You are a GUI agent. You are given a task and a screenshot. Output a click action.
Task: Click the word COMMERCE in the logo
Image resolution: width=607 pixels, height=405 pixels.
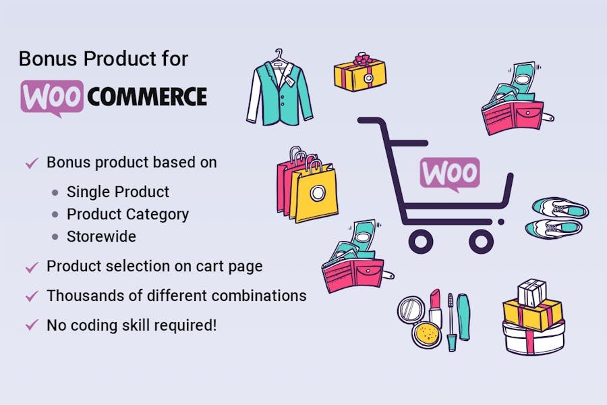point(147,97)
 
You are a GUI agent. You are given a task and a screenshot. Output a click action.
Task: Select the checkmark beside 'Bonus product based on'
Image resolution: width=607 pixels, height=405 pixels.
point(31,163)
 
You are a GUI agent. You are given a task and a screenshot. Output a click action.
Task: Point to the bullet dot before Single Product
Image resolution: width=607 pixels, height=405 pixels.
point(55,192)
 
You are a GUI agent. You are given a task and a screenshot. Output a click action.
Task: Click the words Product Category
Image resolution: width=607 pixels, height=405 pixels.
point(127,215)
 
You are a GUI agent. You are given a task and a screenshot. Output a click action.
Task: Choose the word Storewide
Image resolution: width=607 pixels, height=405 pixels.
point(101,237)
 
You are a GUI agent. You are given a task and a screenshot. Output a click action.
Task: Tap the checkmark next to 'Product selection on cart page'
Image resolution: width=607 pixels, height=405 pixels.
point(31,267)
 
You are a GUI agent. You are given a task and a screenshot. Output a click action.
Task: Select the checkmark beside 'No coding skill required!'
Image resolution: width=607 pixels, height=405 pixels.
point(31,325)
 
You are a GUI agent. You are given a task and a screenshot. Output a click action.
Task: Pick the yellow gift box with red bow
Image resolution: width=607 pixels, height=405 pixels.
point(360,74)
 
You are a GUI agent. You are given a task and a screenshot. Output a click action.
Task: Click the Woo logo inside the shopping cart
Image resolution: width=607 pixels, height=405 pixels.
point(450,174)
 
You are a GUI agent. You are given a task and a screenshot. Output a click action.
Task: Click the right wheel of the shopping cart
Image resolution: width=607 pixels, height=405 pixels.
point(481,240)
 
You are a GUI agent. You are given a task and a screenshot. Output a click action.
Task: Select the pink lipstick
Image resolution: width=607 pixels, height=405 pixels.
point(435,307)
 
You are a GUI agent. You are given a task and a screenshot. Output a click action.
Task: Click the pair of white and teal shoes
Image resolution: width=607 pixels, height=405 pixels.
point(556,217)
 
